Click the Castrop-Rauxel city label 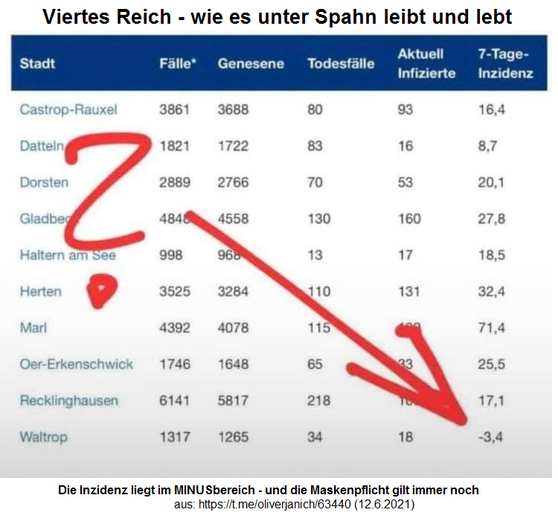click(68, 110)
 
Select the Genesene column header click(251, 64)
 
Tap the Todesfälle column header click(341, 64)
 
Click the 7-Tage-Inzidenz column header click(505, 64)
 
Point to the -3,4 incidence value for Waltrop click(492, 437)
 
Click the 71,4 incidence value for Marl click(492, 328)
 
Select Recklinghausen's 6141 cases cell click(175, 401)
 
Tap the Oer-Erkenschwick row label click(77, 364)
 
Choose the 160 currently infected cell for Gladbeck click(409, 219)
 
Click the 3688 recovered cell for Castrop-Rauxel click(233, 110)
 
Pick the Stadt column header click(37, 64)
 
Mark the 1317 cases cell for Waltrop click(175, 437)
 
